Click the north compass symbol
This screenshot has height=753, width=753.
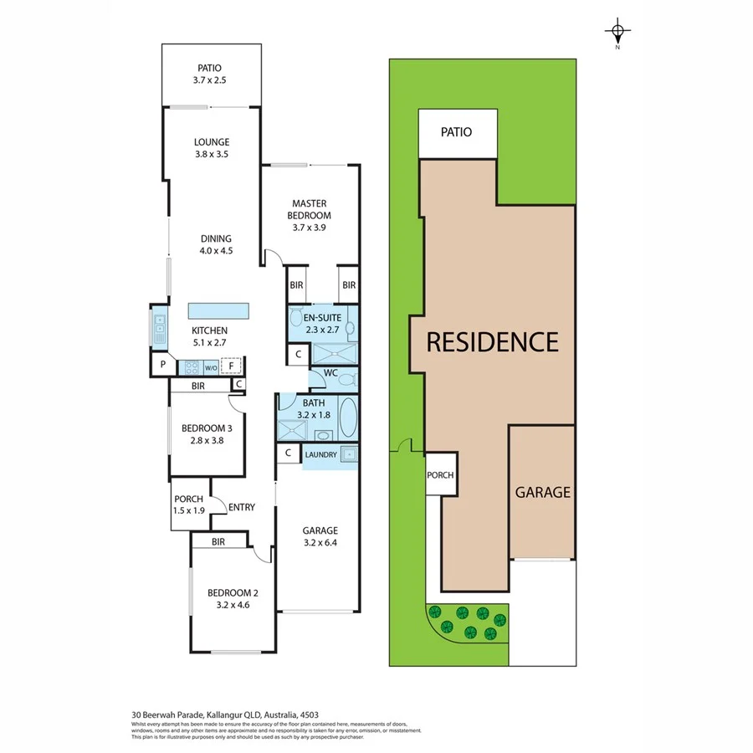click(617, 33)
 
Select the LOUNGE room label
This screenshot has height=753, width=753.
click(211, 142)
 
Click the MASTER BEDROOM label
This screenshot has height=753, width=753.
click(310, 209)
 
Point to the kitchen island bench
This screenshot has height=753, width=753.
click(219, 310)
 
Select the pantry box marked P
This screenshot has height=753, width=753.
click(161, 366)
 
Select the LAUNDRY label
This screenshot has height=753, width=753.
click(320, 454)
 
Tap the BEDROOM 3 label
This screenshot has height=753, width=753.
click(207, 428)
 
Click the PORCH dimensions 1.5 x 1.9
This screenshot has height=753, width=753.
click(189, 510)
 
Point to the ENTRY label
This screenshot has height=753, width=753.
click(242, 507)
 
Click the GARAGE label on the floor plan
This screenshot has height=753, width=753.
click(320, 530)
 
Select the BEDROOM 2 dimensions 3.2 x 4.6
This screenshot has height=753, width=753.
click(233, 606)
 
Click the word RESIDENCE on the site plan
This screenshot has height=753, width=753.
click(492, 342)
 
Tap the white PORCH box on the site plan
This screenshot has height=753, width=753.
click(440, 474)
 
